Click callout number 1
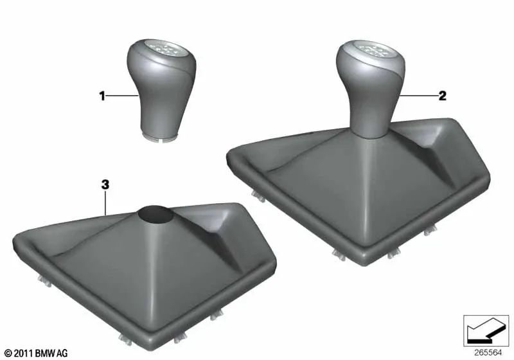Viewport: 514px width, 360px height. [102, 96]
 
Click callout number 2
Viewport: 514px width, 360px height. [442, 96]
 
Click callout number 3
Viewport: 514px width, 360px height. [105, 184]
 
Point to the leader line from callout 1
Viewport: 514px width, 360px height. [122, 96]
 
